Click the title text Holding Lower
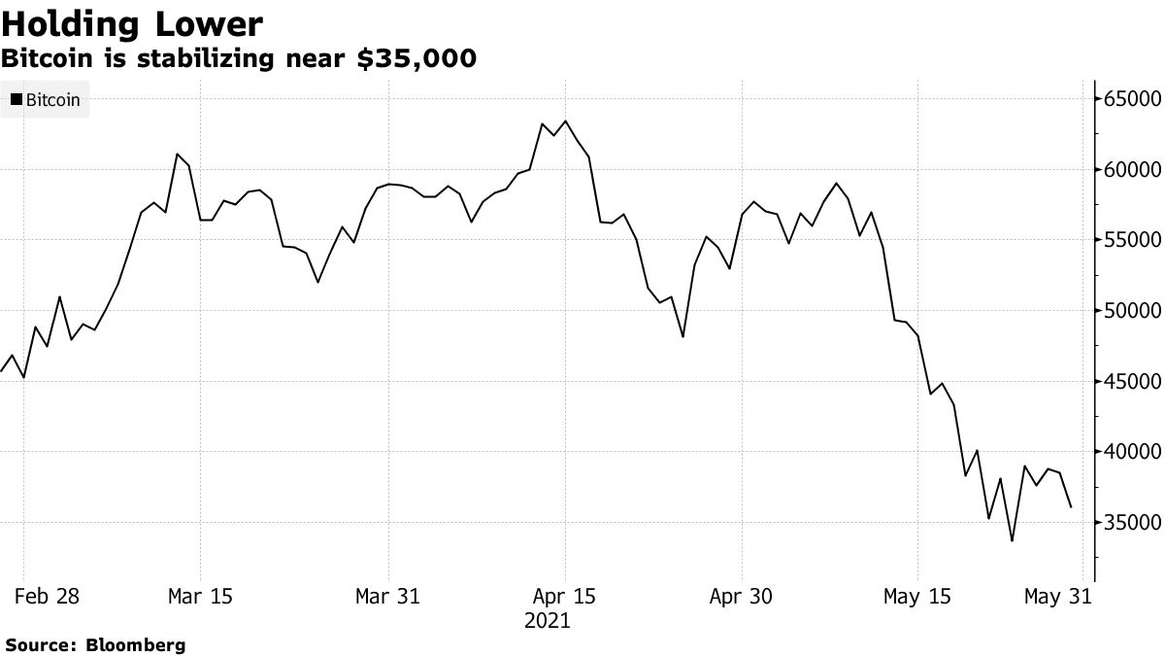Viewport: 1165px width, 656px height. point(132,23)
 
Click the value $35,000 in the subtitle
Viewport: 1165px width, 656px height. point(417,59)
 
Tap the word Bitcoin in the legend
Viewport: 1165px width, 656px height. point(53,99)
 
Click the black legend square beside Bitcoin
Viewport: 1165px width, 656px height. point(16,99)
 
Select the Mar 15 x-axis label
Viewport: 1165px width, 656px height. point(200,596)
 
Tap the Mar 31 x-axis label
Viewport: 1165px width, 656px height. point(388,596)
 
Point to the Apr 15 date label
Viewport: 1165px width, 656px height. point(564,596)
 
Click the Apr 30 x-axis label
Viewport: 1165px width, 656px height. point(742,596)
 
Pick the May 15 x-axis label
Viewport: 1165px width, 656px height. point(917,596)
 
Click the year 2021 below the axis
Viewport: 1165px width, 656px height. point(548,620)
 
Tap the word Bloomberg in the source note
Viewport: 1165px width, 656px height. point(137,644)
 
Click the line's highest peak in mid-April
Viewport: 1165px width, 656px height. point(565,121)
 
